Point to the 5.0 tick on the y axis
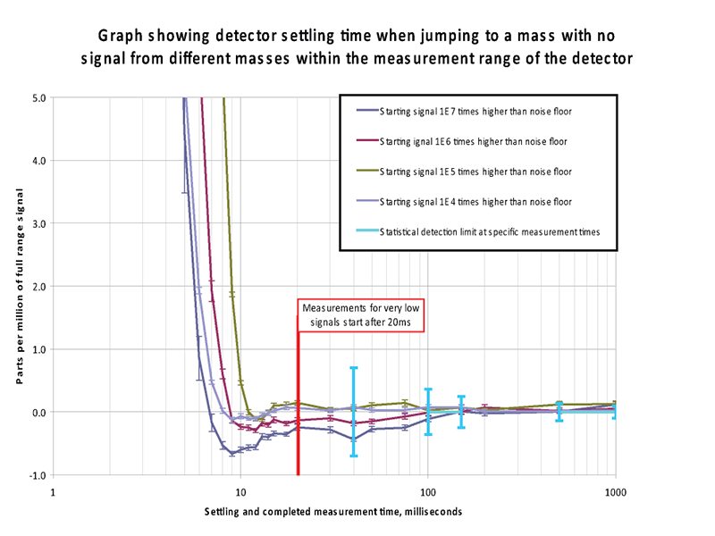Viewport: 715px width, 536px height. (x=38, y=97)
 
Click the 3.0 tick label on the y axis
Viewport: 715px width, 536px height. (x=38, y=223)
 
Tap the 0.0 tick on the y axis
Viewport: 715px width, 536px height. (x=38, y=413)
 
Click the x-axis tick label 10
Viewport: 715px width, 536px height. (x=240, y=490)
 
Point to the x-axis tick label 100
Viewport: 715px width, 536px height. (x=427, y=490)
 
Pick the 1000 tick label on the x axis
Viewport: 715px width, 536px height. (x=615, y=490)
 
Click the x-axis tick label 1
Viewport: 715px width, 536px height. (x=53, y=490)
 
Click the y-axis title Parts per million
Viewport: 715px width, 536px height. (x=18, y=287)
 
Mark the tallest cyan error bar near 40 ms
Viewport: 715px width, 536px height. (x=353, y=411)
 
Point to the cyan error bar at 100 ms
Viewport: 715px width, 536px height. (x=428, y=411)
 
